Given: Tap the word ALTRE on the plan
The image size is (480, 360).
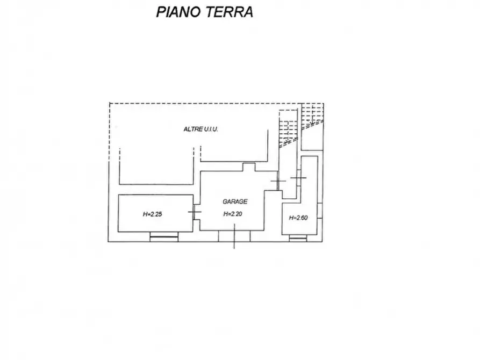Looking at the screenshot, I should (x=192, y=129).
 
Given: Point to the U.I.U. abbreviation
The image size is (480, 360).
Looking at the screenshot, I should (x=210, y=129).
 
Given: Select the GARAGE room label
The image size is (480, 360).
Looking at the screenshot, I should (x=235, y=201).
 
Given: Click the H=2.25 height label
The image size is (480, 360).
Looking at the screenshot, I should (x=152, y=214).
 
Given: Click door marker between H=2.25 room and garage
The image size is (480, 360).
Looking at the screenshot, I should (x=195, y=212).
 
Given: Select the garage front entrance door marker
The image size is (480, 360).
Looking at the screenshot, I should (x=234, y=236).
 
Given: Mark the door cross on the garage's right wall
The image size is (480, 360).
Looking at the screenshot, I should (x=278, y=182).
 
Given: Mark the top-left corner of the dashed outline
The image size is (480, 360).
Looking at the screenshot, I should (x=109, y=103).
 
